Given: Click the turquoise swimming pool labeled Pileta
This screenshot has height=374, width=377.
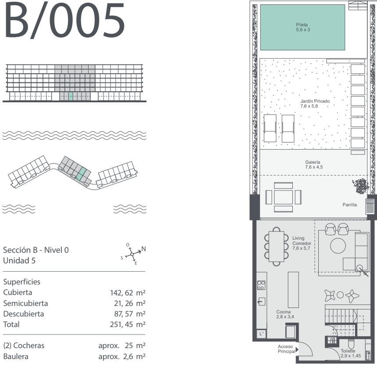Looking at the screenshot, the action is tap(302, 27).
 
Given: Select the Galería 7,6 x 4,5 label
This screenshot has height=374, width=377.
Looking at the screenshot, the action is tap(314, 165).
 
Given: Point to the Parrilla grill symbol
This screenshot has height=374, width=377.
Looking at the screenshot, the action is tap(370, 206).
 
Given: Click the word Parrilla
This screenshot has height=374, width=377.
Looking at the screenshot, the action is tap(349, 205).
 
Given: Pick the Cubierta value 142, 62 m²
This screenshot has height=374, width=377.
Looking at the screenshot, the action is tap(128, 293).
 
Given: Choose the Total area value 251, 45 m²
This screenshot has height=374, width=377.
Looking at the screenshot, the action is tap(128, 324).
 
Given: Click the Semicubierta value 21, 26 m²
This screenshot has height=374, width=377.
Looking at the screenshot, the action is tap(130, 303).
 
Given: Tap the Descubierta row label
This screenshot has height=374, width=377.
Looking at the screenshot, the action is tap(24, 314).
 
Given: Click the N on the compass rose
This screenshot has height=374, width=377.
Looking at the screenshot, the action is tap(143, 249).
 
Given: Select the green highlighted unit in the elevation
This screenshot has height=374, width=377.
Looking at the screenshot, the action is tap(71, 96).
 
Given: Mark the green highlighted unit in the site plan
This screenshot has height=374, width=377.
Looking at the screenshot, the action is tap(81, 174).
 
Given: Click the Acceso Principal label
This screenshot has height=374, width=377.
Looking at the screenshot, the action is tap(287, 349).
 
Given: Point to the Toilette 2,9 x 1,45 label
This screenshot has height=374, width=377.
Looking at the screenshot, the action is tap(351, 353).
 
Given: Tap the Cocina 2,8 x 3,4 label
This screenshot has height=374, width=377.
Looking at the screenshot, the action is tap(285, 314).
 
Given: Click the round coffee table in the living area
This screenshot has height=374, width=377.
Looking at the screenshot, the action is tap(338, 246).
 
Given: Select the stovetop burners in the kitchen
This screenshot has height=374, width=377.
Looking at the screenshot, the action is tap(261, 285).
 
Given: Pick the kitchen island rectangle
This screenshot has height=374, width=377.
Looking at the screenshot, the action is tap(293, 290).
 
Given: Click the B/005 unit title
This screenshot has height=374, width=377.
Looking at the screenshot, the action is tap(64, 20).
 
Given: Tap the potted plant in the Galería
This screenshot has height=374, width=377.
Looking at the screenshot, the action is tap(360, 186).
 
